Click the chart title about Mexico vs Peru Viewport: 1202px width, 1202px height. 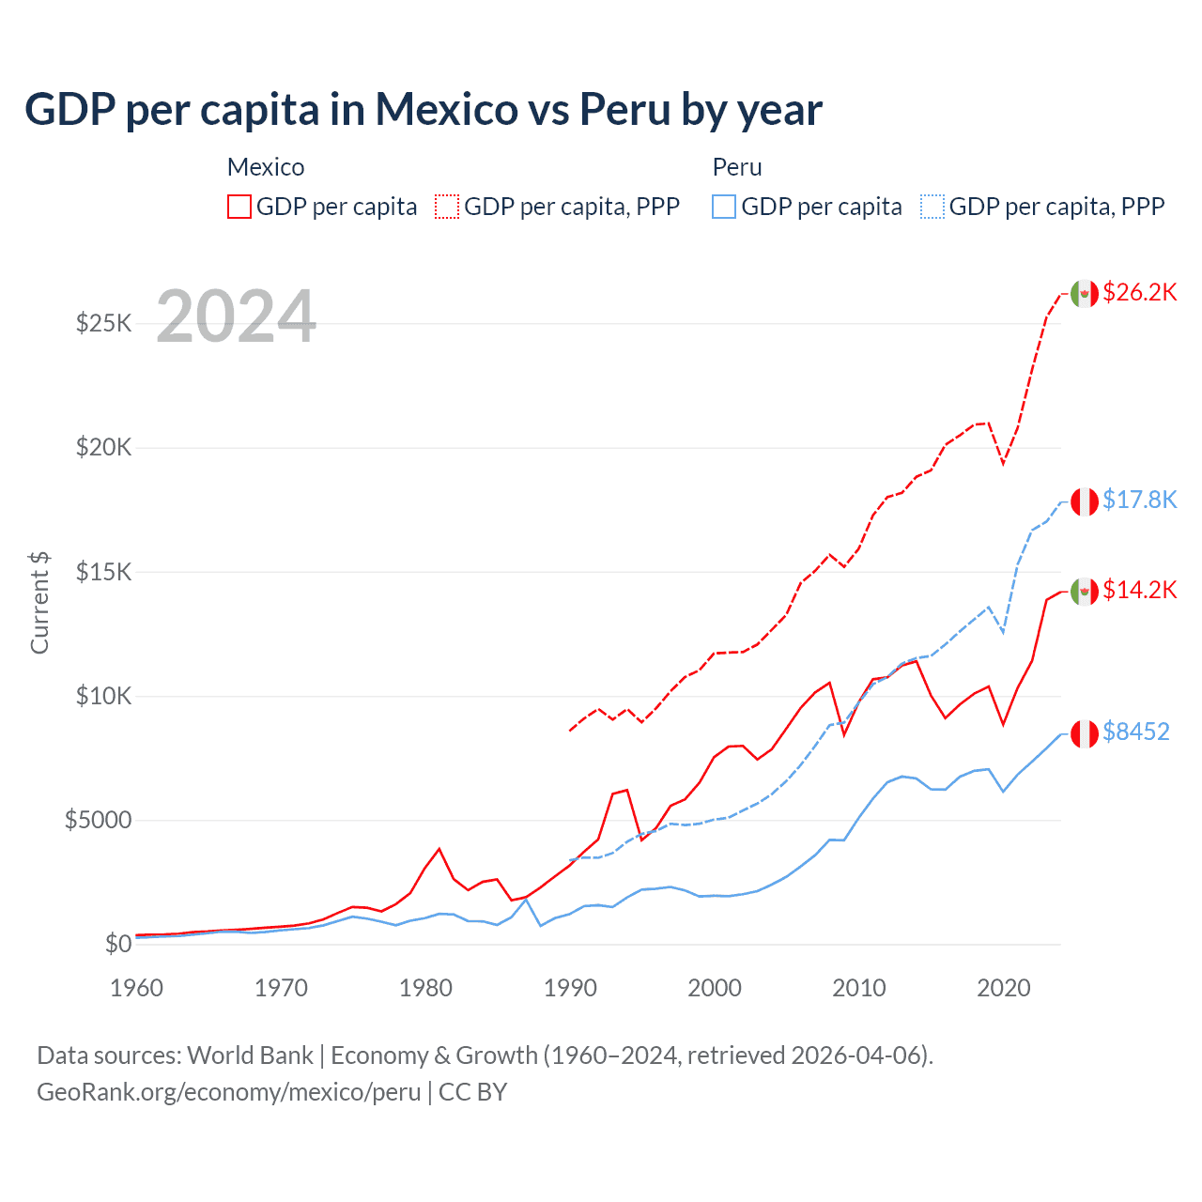click(x=424, y=110)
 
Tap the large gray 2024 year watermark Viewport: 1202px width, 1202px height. click(x=236, y=316)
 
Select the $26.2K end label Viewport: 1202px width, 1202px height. click(x=1139, y=292)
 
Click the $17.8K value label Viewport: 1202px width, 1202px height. click(x=1139, y=500)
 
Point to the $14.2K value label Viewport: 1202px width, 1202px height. click(x=1139, y=590)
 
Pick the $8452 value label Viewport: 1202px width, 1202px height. click(x=1135, y=732)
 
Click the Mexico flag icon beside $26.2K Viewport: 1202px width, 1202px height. click(x=1085, y=293)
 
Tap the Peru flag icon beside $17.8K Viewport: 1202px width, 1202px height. click(x=1085, y=501)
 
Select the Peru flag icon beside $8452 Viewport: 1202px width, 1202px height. click(x=1085, y=733)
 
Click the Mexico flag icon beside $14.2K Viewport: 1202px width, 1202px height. click(x=1085, y=592)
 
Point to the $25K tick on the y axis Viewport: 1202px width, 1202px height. click(x=103, y=324)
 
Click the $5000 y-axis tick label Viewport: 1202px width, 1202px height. click(x=98, y=820)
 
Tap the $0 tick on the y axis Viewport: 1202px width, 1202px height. click(x=117, y=944)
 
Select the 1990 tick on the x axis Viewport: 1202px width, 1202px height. click(x=570, y=988)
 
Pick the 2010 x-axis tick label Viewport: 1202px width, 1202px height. click(x=859, y=988)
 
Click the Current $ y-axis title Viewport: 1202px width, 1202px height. click(x=39, y=602)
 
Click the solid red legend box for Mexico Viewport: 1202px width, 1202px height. click(x=239, y=207)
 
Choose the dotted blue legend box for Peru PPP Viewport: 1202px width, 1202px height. click(x=932, y=207)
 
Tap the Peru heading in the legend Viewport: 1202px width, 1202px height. click(x=737, y=167)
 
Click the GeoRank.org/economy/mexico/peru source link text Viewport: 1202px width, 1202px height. click(x=228, y=1092)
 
